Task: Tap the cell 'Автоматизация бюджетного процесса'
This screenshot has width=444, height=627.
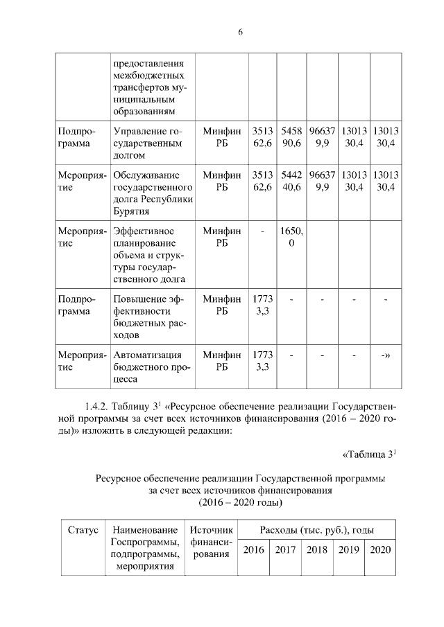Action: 148,367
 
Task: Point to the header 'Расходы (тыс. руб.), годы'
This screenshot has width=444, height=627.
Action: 316,530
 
